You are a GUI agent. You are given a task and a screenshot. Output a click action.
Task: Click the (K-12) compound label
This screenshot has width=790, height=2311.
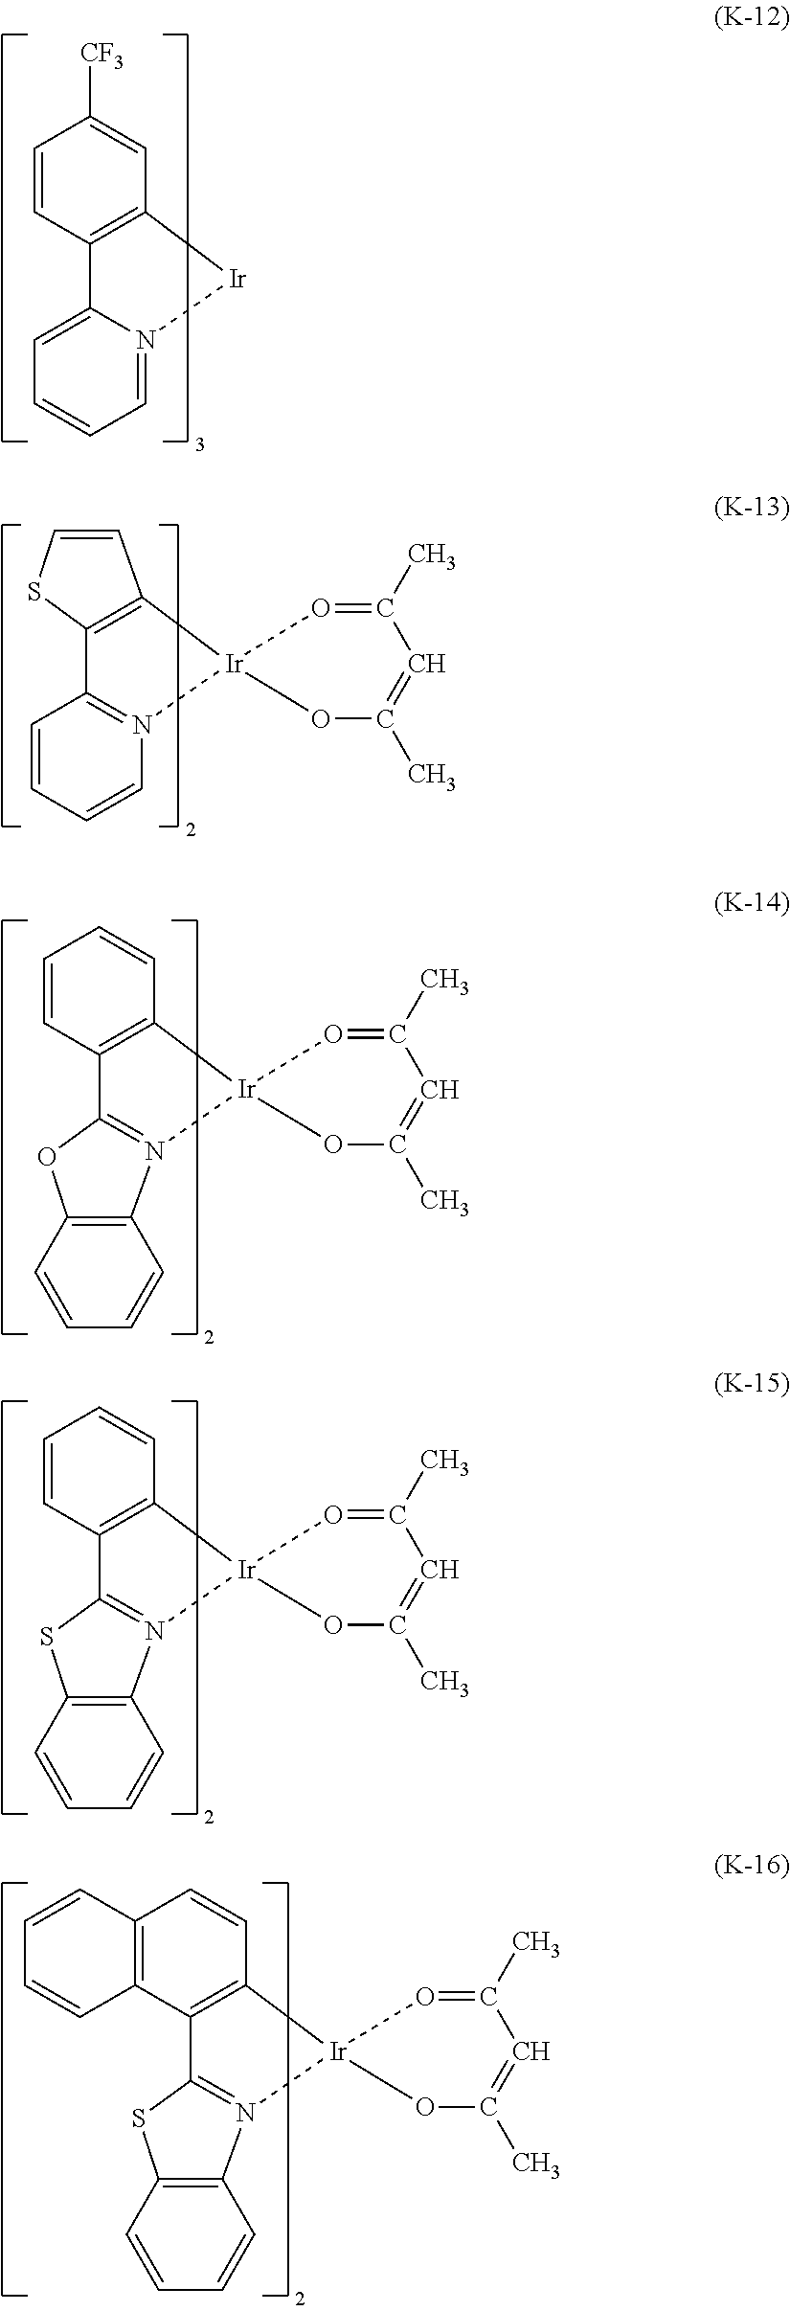point(751,20)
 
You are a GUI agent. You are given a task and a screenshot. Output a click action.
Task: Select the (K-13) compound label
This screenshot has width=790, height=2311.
point(751,508)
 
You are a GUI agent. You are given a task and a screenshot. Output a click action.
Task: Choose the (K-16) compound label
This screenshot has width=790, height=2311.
point(751,1865)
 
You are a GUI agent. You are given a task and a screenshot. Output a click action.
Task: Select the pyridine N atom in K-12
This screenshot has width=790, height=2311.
point(145,338)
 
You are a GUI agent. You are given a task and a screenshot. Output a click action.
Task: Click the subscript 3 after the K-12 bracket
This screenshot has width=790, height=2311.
point(199,445)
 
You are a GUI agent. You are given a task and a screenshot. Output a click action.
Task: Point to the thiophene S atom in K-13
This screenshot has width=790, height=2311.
point(35,594)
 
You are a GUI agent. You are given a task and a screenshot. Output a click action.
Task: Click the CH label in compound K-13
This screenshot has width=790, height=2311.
point(427,664)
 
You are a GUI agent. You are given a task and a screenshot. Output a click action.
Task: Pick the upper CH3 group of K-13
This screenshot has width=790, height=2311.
point(431,557)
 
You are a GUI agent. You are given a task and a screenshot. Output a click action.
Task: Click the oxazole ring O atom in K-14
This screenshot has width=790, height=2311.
point(45,1158)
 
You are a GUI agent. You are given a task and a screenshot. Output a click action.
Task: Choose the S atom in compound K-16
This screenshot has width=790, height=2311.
point(139,2116)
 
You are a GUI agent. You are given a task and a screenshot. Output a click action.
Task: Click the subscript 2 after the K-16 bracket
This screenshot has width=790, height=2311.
point(299,2289)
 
